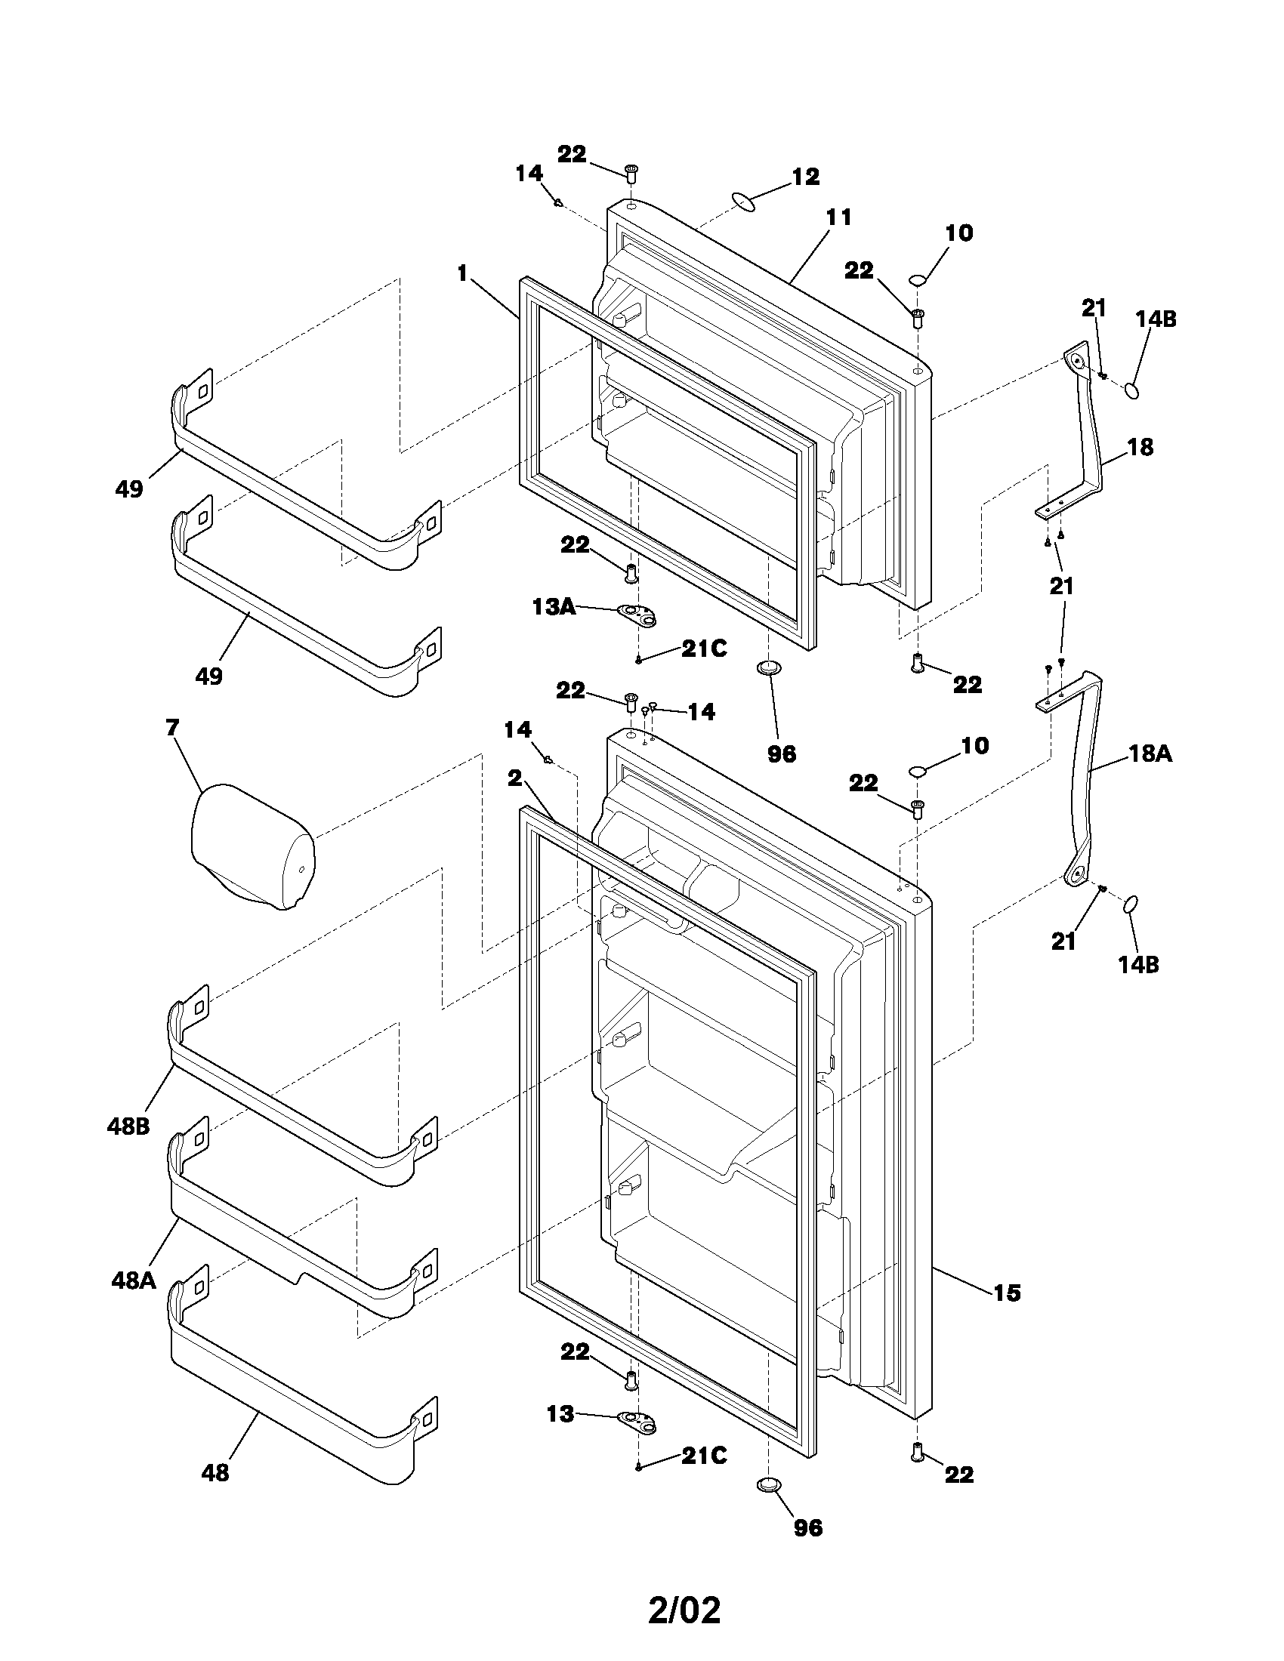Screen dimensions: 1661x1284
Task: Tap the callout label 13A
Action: pos(552,607)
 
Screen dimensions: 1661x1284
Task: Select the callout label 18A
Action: pos(1150,753)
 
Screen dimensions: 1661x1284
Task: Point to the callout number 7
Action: pos(172,728)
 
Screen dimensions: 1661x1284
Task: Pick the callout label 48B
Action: pos(128,1126)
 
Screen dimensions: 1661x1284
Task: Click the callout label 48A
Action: pos(133,1280)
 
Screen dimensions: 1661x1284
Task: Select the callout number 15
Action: pos(1007,1292)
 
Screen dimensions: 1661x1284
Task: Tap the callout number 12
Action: pos(806,177)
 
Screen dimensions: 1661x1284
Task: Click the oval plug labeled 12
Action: pos(745,202)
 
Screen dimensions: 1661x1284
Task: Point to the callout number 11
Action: pos(839,217)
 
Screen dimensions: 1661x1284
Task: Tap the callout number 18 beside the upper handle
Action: pos(1140,447)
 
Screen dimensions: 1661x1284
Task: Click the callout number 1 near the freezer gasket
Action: pos(461,273)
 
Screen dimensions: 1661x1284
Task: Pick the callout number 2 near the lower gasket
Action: pos(515,778)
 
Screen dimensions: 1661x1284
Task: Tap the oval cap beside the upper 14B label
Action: pos(1133,391)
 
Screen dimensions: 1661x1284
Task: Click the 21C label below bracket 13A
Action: pos(704,649)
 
